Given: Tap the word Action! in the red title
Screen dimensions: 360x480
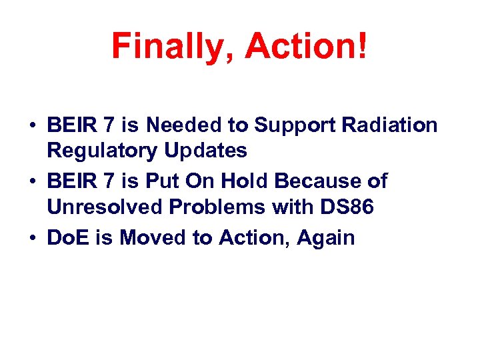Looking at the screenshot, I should coord(306,46).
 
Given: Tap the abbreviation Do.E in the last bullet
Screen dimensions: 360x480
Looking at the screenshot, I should coord(65,237).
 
